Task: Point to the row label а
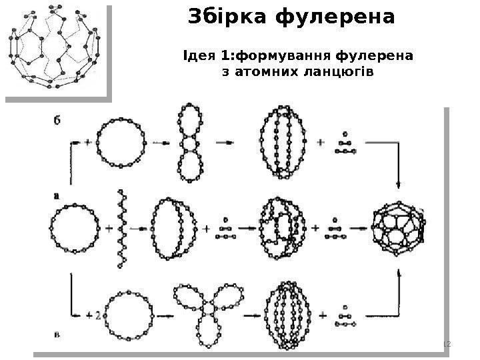(57, 195)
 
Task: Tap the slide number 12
(447, 343)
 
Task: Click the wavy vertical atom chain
(121, 229)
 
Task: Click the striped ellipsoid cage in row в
(287, 313)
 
